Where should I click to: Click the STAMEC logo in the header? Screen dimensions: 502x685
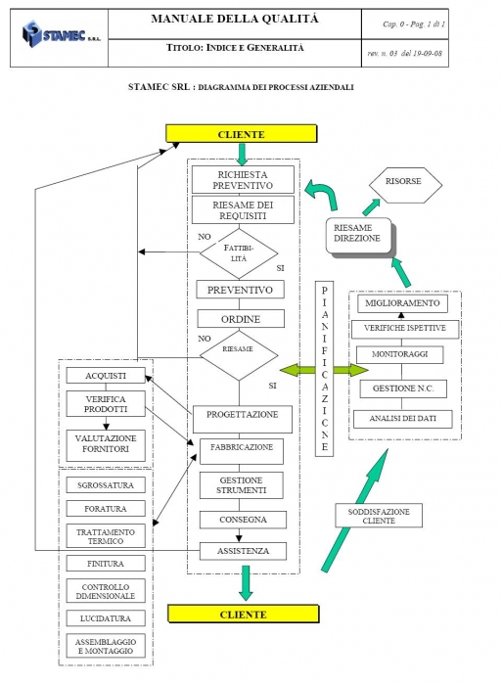[62, 34]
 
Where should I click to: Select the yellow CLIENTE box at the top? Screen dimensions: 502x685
[241, 134]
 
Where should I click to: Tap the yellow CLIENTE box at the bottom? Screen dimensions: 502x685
[244, 614]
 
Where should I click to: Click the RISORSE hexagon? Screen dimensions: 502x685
[405, 185]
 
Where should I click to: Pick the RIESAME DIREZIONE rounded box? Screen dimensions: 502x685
[360, 237]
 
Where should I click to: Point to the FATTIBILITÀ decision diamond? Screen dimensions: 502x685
[239, 253]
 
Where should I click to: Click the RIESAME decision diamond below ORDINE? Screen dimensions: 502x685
[239, 355]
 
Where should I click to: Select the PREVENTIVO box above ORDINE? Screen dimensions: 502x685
[240, 290]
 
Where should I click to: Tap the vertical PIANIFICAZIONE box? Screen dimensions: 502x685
[324, 369]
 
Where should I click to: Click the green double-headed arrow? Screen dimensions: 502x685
[324, 370]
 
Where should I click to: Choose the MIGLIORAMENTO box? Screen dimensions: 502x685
[402, 303]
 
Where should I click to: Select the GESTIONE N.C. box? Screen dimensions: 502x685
[403, 388]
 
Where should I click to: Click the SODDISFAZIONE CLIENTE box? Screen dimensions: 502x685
[379, 516]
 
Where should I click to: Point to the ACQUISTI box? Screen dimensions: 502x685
[106, 376]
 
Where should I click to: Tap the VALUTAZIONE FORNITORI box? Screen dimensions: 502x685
[106, 445]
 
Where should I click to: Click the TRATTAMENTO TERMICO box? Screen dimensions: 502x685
[106, 536]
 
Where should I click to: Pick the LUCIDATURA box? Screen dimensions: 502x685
[106, 618]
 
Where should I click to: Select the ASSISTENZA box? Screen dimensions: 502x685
[243, 551]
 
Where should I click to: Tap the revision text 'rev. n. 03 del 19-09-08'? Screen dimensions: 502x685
[404, 54]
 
